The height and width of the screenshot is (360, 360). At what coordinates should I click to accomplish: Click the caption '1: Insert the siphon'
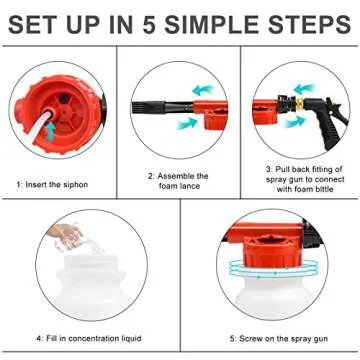click(58, 184)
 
